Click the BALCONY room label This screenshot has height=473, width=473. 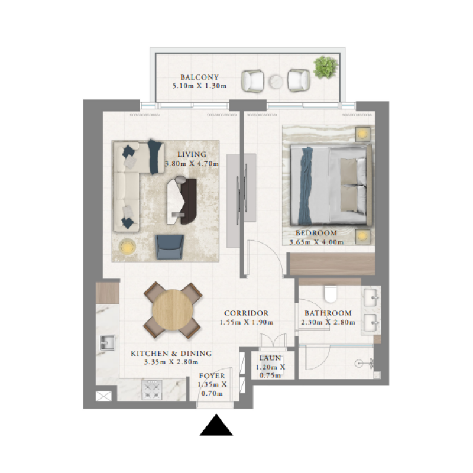click(x=200, y=77)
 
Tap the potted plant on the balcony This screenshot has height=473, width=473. click(x=325, y=66)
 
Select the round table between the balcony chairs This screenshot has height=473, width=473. click(x=276, y=82)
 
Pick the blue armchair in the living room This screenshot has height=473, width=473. click(x=170, y=245)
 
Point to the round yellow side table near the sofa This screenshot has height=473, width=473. click(x=127, y=246)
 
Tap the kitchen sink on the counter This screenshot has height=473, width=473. click(x=108, y=342)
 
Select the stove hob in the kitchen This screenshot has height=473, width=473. click(x=151, y=390)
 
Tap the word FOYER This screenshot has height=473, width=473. click(x=211, y=375)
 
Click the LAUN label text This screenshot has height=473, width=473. click(x=270, y=358)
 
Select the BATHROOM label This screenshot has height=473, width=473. click(x=328, y=313)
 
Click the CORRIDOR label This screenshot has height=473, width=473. click(x=247, y=313)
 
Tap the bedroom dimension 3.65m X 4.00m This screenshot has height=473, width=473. click(x=316, y=242)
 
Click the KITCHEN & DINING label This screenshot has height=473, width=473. click(x=171, y=354)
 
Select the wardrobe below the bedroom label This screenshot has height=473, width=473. click(x=331, y=264)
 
